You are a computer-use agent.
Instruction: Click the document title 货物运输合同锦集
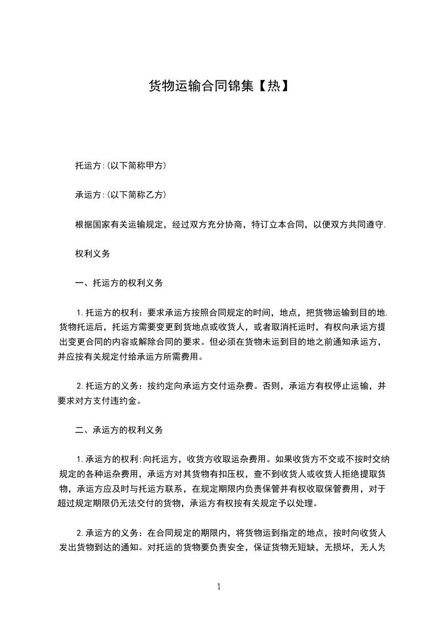201,85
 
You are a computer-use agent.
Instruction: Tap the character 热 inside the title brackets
274,85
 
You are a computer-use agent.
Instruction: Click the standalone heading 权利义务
93,254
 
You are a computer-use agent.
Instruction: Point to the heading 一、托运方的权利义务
119,283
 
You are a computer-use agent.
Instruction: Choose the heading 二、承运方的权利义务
119,430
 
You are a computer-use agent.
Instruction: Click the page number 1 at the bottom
219,587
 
